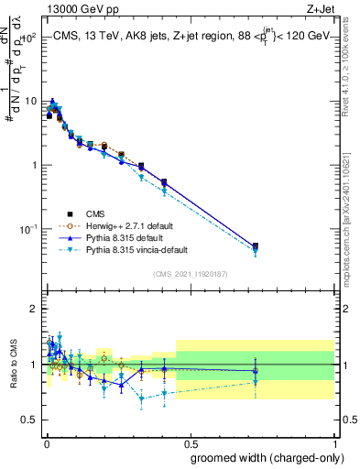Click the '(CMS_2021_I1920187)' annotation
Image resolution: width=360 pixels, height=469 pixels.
pos(190,274)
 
